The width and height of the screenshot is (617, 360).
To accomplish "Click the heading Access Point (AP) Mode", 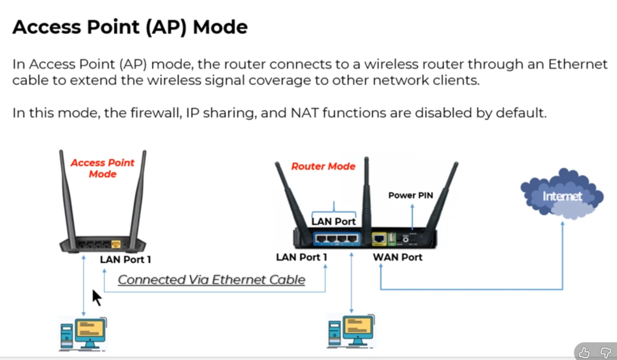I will click(130, 27).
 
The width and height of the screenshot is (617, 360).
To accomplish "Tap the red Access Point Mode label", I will click(102, 168).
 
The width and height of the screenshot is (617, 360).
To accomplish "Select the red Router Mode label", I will click(324, 166).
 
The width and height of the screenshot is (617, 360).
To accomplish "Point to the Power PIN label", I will click(410, 195).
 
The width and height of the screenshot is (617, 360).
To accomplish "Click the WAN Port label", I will click(398, 257).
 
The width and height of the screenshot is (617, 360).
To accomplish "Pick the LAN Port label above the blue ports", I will click(333, 221).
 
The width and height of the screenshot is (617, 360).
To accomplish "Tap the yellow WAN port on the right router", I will click(379, 239).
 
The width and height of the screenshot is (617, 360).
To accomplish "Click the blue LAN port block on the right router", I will click(336, 239).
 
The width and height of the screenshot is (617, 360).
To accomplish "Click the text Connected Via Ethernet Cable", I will click(211, 280).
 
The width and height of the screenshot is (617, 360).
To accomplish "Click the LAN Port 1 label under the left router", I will click(125, 260).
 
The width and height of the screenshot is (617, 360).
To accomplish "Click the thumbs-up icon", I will click(583, 352).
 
